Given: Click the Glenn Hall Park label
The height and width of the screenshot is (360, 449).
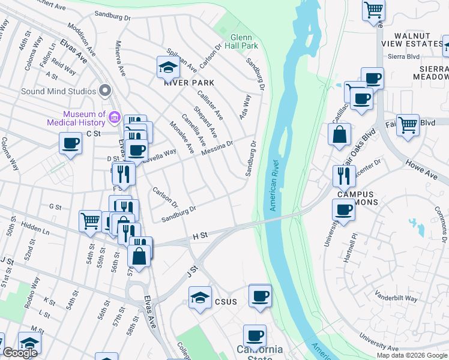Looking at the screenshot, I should [x=244, y=41].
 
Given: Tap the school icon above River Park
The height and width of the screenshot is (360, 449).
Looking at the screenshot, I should [x=169, y=68].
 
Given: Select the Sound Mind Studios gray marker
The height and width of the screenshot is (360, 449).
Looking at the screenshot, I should [x=106, y=91].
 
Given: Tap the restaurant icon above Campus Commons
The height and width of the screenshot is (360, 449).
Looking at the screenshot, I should [x=343, y=176].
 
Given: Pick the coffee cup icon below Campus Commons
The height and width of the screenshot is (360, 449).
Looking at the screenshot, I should [x=344, y=210].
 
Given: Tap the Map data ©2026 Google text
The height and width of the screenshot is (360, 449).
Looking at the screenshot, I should [x=412, y=355].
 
